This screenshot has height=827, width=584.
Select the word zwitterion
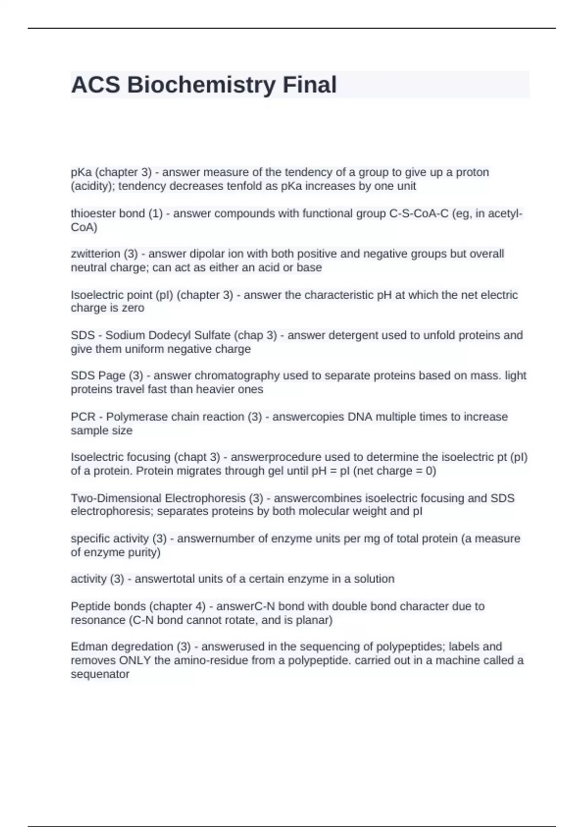tap(95, 254)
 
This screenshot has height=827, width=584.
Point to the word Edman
tap(88, 647)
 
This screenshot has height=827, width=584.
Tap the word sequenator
tap(100, 674)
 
